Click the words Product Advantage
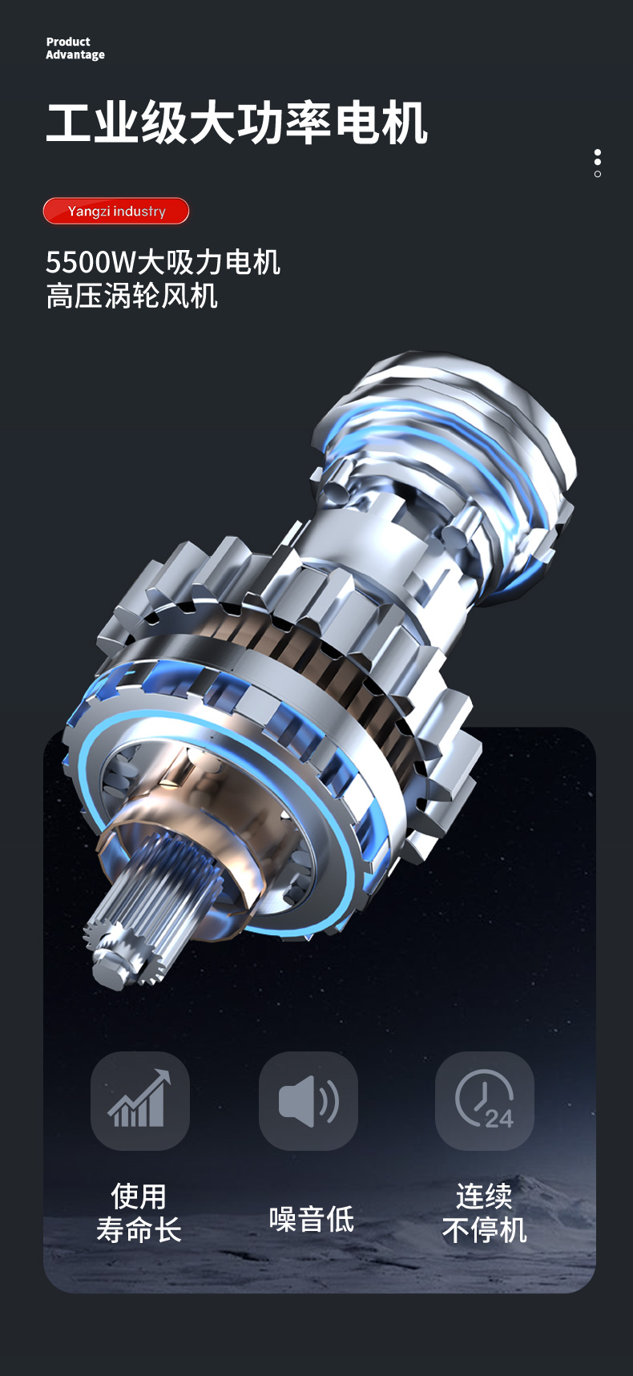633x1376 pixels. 75,48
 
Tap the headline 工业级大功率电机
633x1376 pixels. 237,123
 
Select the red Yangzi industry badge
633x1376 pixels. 116,211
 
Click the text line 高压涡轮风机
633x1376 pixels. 132,297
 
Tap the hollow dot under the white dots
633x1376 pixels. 598,174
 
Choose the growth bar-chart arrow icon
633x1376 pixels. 140,1100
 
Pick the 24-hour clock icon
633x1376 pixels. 485,1100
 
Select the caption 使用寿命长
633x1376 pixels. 139,1213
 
